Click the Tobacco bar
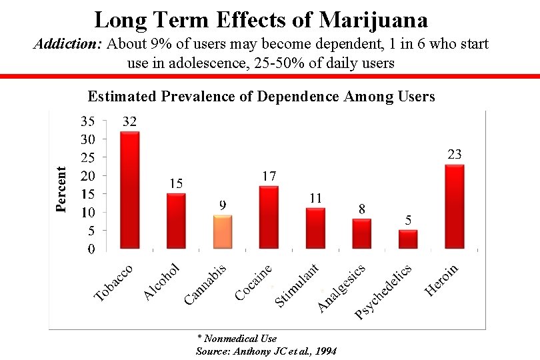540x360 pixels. coord(129,190)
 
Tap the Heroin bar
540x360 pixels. coord(454,207)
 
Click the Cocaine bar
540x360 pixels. coord(269,217)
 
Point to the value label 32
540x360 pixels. coord(129,122)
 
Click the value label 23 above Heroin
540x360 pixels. coord(455,155)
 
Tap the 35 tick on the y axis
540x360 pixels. coord(88,122)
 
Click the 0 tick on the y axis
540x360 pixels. coord(91,249)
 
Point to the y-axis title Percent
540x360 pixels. coord(61,189)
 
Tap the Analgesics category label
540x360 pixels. coord(342,288)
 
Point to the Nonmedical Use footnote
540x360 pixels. coord(237,339)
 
